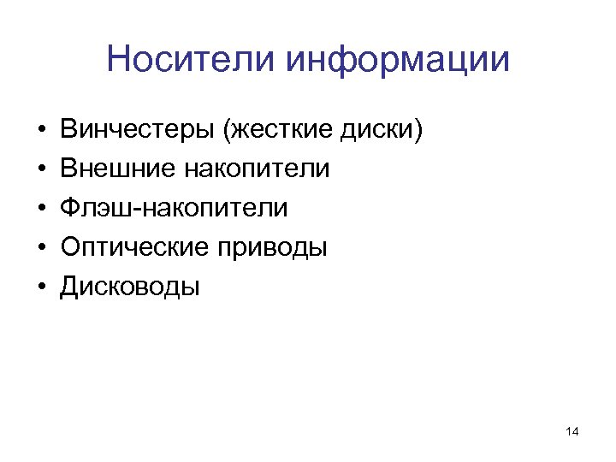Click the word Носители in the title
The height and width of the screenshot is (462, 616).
192,59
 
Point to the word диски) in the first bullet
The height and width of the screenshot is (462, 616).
383,130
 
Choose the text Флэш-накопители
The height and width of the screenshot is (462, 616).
174,208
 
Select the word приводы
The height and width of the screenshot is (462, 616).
273,247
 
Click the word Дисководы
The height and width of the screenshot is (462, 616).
129,287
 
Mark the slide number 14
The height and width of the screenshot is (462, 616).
572,433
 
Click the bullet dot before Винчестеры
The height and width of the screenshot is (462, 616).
41,131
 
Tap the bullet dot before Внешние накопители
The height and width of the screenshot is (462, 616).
41,170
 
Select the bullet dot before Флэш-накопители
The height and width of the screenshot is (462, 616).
41,210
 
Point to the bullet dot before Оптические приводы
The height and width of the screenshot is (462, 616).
41,249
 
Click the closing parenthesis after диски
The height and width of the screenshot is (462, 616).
418,130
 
